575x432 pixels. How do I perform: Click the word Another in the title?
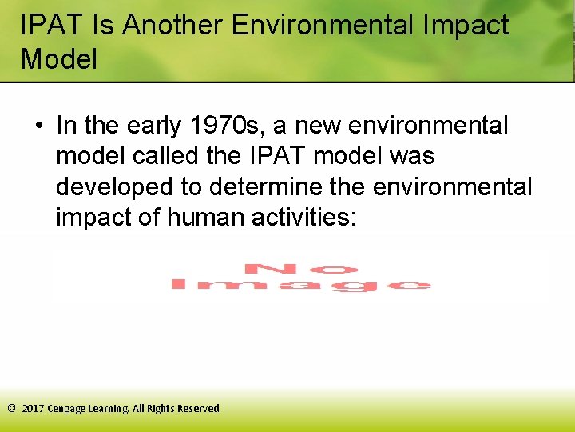172,25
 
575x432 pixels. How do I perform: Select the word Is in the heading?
103,25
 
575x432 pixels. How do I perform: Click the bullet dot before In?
38,126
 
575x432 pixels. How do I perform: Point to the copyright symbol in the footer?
11,408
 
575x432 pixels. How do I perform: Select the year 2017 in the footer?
33,408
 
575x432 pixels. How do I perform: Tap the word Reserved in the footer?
199,408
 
